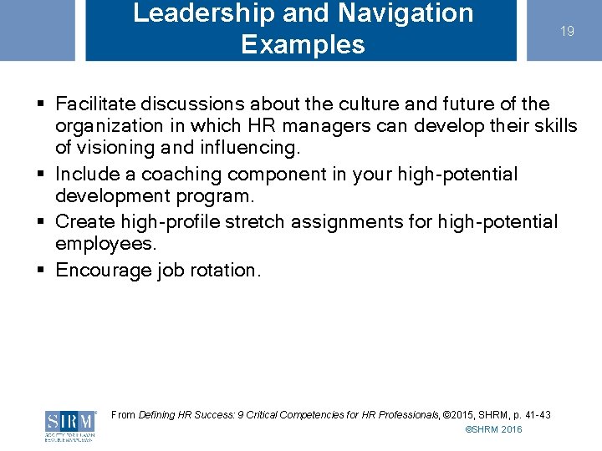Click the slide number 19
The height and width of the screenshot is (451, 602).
(567, 32)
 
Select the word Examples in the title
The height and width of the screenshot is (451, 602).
(303, 44)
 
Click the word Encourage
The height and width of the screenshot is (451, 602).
(103, 271)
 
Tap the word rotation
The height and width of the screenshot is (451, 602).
(227, 271)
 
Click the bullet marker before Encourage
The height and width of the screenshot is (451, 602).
(40, 271)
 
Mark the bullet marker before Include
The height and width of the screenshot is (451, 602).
(40, 175)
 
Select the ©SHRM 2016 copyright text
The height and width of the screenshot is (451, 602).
(493, 429)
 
